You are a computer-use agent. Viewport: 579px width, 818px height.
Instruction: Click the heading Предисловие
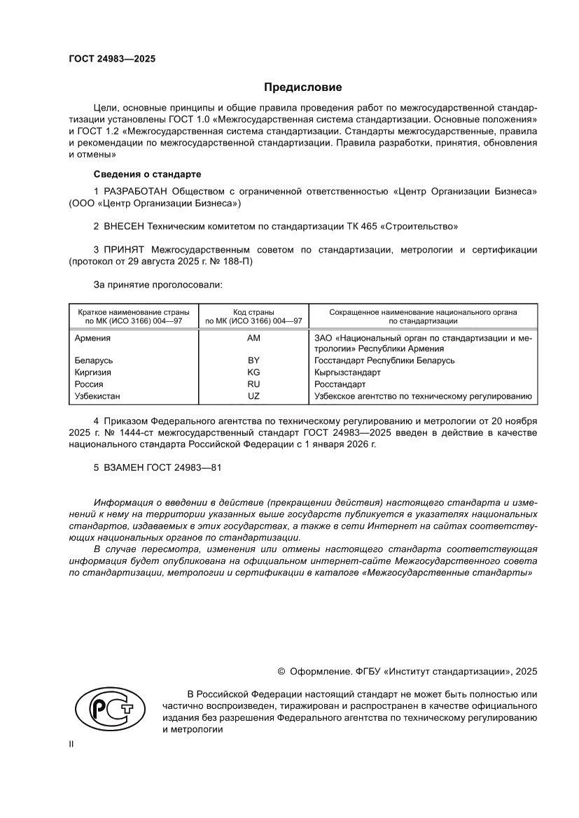[302, 87]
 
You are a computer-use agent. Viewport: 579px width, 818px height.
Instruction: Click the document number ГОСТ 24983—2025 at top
[112, 59]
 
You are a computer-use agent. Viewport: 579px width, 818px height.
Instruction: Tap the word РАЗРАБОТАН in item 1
[137, 191]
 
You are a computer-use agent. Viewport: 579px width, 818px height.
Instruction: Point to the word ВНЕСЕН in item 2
[127, 227]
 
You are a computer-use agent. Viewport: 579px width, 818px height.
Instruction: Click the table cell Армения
[92, 337]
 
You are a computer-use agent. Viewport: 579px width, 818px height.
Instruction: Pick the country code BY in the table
[253, 360]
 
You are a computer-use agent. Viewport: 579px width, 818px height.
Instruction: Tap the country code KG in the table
[253, 372]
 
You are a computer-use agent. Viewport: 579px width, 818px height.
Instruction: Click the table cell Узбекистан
[97, 396]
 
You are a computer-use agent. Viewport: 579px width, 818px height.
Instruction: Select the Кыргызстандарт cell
[348, 372]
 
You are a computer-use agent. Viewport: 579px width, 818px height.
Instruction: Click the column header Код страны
[253, 311]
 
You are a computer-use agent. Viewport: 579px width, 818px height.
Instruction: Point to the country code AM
[253, 337]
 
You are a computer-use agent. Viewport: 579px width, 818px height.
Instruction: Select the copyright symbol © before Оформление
[281, 671]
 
